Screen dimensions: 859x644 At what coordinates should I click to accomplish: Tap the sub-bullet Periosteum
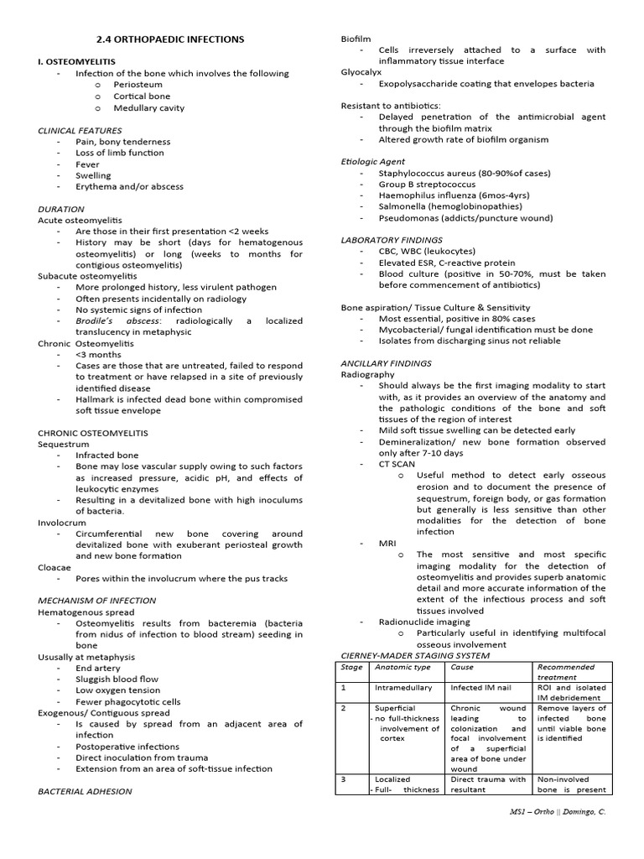pos(138,85)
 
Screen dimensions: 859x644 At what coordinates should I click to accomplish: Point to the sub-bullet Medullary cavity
pos(149,107)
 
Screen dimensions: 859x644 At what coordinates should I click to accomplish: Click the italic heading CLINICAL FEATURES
pos(80,130)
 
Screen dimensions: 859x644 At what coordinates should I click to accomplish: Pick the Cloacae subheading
pos(55,567)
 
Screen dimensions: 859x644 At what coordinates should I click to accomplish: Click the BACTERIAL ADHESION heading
pos(85,791)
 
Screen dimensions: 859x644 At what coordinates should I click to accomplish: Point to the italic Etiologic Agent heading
pos(372,161)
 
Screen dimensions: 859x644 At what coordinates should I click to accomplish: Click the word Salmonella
pos(407,206)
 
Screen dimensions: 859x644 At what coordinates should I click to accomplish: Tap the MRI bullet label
pos(387,543)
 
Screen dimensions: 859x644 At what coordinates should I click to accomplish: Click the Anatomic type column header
pos(402,667)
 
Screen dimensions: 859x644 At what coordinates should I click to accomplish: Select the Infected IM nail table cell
pos(478,687)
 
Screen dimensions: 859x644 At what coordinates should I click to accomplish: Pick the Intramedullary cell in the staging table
pos(403,687)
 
